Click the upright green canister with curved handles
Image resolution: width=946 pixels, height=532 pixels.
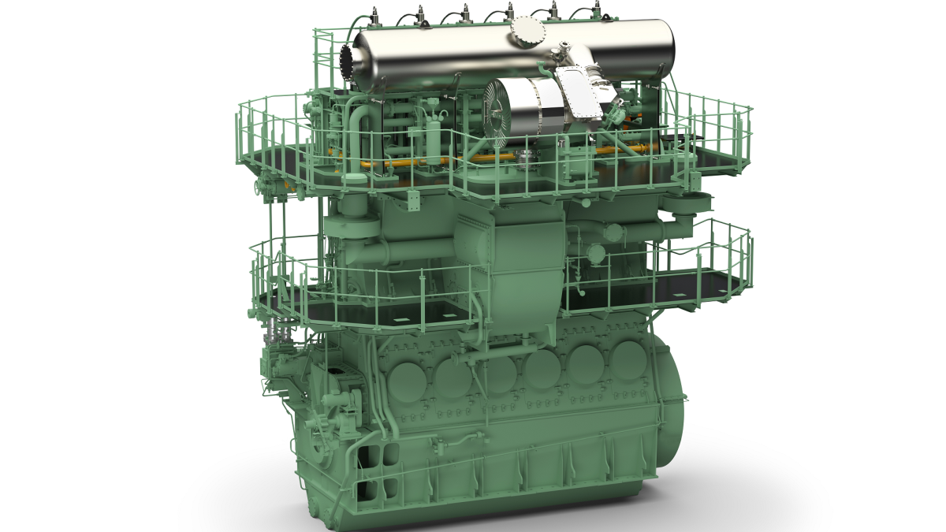tap(434, 140)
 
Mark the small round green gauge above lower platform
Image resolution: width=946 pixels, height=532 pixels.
tap(597, 254)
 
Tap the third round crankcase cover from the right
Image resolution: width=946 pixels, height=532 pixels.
tap(542, 367)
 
